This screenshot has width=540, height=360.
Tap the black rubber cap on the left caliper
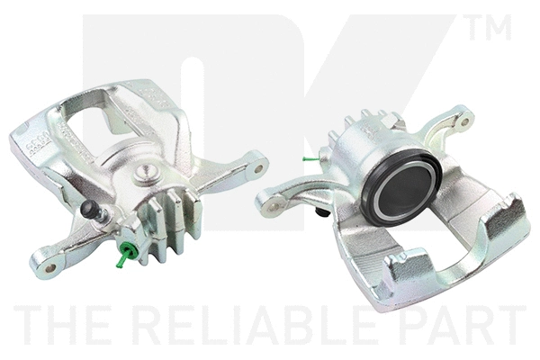tap(90, 211)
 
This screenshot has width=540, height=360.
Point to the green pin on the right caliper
tap(310, 160)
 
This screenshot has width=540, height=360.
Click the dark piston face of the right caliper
tap(402, 192)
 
